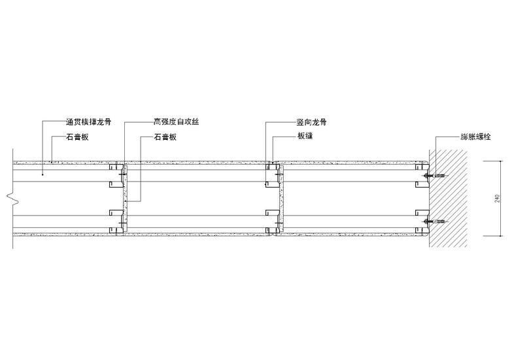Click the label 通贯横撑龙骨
click(88, 122)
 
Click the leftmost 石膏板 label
click(76, 138)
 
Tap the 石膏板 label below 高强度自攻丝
click(165, 138)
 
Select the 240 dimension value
click(499, 199)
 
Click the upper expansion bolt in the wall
click(434, 176)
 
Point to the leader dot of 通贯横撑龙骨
click(43, 175)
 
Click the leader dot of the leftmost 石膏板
click(52, 161)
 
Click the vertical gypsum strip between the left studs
click(125, 196)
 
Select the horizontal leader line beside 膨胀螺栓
click(447, 138)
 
